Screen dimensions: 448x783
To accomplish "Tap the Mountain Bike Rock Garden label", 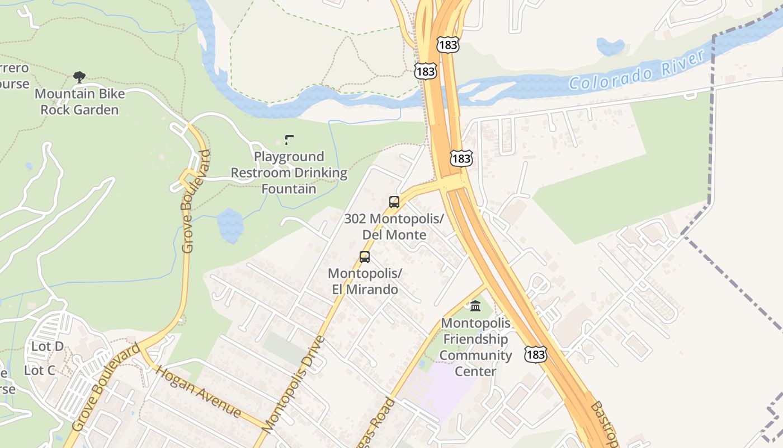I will point(79,101).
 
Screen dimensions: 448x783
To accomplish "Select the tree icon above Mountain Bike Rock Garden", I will point(79,77).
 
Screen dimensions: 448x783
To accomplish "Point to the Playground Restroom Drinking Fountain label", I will point(289,172).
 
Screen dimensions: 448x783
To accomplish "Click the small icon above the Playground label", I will point(289,139).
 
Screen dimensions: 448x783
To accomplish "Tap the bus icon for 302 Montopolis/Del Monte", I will point(394,202).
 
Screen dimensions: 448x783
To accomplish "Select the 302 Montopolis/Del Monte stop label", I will point(394,226).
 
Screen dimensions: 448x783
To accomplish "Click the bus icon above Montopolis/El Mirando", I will point(365,257).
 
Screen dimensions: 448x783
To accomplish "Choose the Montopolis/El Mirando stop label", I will point(365,281).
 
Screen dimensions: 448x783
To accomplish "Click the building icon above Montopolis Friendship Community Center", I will point(475,306).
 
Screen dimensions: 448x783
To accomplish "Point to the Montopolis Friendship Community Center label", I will point(475,347).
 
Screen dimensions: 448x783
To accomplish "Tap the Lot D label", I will point(47,346).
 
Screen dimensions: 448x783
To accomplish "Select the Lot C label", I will point(39,370).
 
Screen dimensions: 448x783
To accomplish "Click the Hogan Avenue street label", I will point(198,391).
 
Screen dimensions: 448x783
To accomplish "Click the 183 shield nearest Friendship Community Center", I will point(535,354).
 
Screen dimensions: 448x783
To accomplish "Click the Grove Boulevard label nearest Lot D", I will point(106,387).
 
